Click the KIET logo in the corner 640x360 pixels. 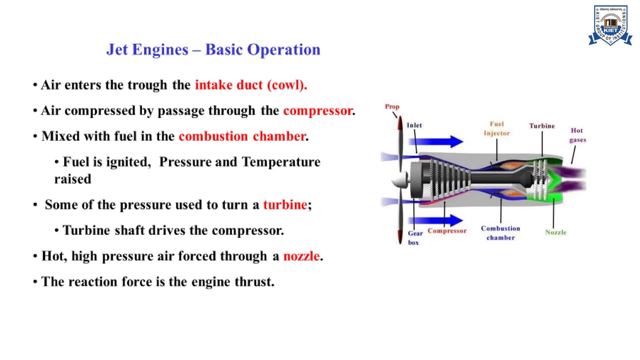(x=610, y=26)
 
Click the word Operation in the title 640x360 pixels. (x=284, y=50)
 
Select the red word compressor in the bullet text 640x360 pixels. (x=318, y=111)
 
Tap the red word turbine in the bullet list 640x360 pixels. (x=285, y=205)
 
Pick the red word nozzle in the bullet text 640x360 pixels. (x=302, y=256)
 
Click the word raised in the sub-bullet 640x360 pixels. (x=73, y=179)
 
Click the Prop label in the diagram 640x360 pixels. (x=392, y=107)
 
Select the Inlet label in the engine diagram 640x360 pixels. (x=414, y=125)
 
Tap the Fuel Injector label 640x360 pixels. (x=497, y=128)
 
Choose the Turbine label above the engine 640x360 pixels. (x=542, y=126)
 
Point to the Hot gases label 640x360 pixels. (x=577, y=135)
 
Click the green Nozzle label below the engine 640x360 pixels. (x=556, y=232)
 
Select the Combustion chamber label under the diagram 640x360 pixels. (x=500, y=233)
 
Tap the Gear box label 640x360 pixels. (x=415, y=237)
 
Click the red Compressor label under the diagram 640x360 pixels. (x=447, y=231)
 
